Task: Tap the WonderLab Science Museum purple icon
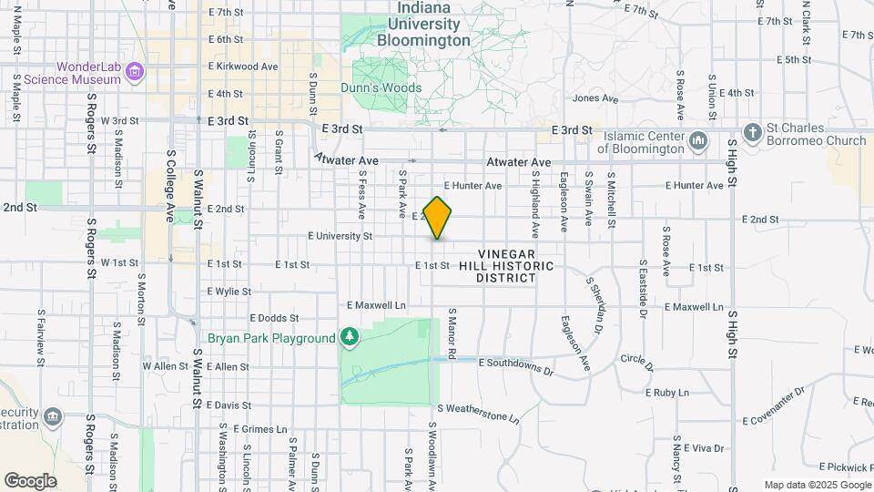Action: click(x=135, y=71)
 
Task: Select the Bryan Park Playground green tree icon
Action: click(x=350, y=338)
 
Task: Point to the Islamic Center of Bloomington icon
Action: click(x=698, y=140)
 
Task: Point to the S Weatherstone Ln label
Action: click(x=478, y=413)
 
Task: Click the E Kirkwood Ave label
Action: click(x=243, y=67)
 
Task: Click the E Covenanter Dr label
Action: click(x=774, y=405)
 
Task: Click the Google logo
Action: click(x=30, y=480)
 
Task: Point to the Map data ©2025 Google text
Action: click(x=817, y=485)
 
